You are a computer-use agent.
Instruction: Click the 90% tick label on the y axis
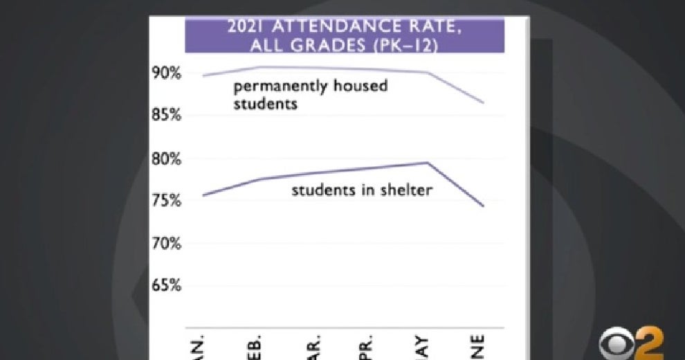pyautogui.click(x=167, y=73)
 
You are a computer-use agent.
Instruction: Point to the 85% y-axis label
pyautogui.click(x=167, y=115)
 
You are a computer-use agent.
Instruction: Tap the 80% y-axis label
pyautogui.click(x=167, y=159)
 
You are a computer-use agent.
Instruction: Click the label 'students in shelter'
pyautogui.click(x=361, y=190)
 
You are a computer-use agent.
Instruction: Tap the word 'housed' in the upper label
pyautogui.click(x=356, y=87)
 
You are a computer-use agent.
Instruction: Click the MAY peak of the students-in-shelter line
pyautogui.click(x=428, y=163)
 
